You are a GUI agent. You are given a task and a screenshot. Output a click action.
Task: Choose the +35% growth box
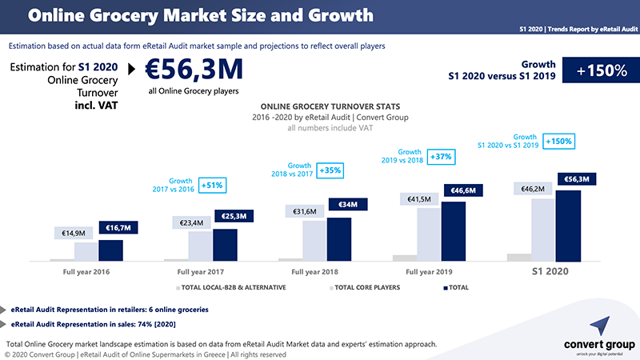pyautogui.click(x=330, y=170)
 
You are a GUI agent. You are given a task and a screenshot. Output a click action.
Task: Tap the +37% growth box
pyautogui.click(x=442, y=156)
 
